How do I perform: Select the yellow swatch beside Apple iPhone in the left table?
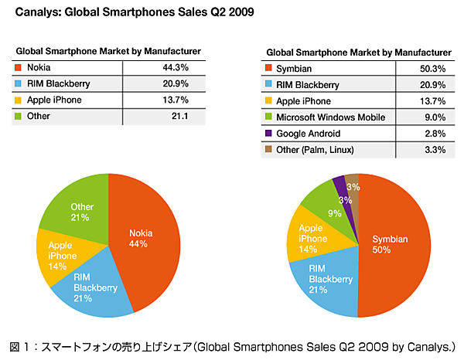coord(19,100)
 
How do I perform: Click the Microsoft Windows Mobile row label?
coord(331,117)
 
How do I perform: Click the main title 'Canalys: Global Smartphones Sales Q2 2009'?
coord(132,13)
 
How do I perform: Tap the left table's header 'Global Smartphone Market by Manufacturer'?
coord(107,50)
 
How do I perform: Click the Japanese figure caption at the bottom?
coord(232,345)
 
